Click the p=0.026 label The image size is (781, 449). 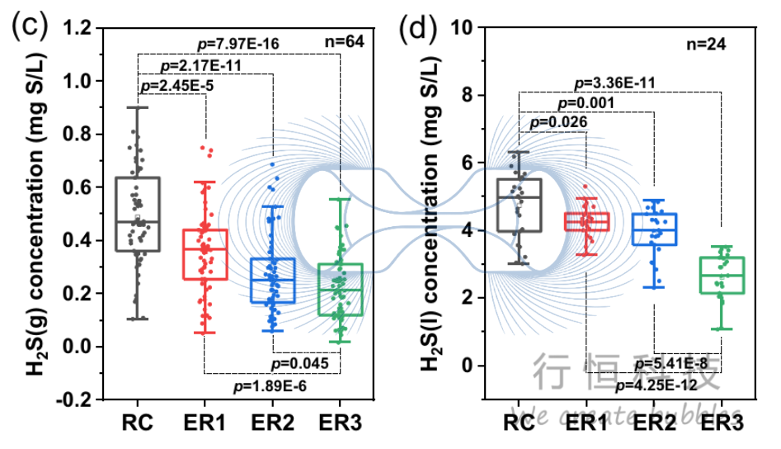click(x=558, y=122)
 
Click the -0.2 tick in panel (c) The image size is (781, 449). click(x=73, y=399)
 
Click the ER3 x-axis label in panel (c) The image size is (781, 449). click(x=341, y=424)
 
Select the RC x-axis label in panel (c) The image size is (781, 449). click(x=136, y=424)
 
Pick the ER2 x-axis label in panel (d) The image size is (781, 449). click(x=653, y=424)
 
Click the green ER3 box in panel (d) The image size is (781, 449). click(x=722, y=275)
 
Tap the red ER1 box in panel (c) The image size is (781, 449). click(x=205, y=254)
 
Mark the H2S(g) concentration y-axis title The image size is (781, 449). click(x=38, y=215)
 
